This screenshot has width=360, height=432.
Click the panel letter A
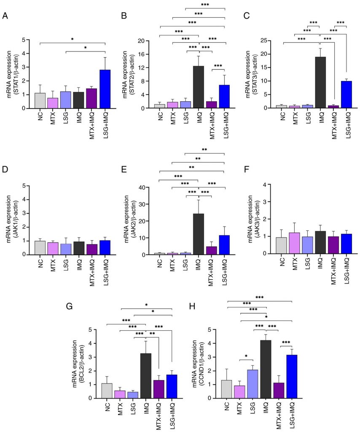[x=5, y=16]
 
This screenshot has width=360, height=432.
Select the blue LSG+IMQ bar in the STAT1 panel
[x=105, y=89]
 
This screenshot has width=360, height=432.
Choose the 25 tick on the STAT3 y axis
[x=270, y=40]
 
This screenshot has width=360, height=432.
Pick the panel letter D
[x=5, y=170]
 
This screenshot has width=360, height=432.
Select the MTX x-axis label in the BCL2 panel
[x=120, y=408]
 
